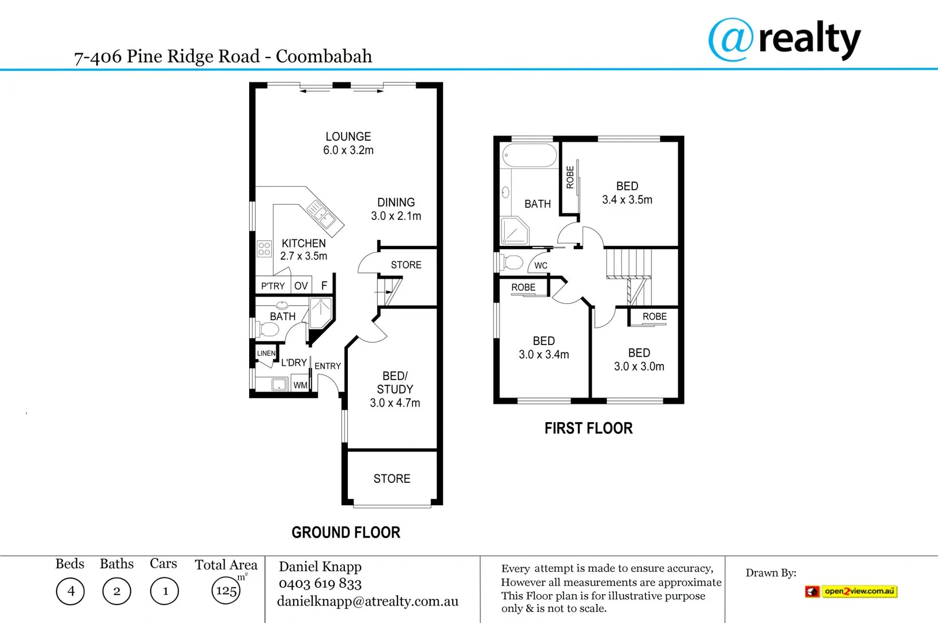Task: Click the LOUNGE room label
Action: tap(348, 137)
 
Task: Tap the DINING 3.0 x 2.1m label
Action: tap(396, 209)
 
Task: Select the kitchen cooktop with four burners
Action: tap(264, 249)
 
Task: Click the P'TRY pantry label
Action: tap(273, 286)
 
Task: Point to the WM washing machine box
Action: tap(300, 385)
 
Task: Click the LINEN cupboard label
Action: tap(266, 353)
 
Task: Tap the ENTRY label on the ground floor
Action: tap(328, 366)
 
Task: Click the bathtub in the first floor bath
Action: tap(530, 156)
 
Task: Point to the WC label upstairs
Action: tap(541, 265)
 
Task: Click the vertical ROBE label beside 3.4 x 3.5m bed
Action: tap(570, 178)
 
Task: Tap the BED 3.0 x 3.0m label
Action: tap(639, 359)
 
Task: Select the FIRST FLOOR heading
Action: tap(588, 428)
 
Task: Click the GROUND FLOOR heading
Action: tap(346, 532)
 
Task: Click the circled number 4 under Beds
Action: tap(70, 591)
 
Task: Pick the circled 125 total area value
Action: tap(226, 591)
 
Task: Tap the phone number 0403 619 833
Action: tap(320, 584)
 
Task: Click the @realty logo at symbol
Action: tap(731, 39)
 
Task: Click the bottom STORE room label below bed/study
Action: tap(392, 479)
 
